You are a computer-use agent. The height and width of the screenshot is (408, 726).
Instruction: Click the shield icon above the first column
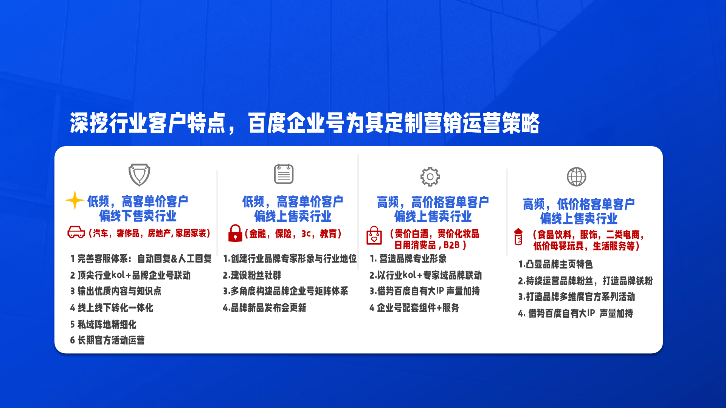139,175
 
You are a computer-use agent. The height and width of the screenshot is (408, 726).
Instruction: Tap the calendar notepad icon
284,174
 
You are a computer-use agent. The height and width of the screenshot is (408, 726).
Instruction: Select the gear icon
430,177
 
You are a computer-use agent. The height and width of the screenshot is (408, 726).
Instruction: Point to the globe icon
576,177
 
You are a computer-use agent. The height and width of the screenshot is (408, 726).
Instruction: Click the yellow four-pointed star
74,200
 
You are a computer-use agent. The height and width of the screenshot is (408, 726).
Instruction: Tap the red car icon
76,232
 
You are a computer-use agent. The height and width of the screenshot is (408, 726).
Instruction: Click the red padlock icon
235,233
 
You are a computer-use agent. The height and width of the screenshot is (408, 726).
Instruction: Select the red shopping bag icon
374,235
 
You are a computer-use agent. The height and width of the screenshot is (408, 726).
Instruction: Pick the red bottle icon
518,237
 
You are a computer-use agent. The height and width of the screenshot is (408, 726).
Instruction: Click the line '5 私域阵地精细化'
103,324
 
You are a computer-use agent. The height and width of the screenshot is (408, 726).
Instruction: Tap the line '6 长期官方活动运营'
107,340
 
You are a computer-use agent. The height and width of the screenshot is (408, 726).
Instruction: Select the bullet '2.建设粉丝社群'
252,275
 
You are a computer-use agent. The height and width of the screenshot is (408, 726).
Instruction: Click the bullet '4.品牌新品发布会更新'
265,308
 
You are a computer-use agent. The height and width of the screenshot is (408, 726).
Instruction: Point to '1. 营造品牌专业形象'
408,258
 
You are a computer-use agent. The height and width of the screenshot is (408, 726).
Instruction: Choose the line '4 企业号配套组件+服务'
414,308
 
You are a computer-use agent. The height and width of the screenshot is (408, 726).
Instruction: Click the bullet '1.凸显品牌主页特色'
555,264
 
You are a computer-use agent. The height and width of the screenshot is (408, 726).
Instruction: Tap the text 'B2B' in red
451,245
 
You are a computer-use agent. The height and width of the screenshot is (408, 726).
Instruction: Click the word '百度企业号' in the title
287,123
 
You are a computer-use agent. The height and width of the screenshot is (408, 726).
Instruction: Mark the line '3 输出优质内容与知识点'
116,291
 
